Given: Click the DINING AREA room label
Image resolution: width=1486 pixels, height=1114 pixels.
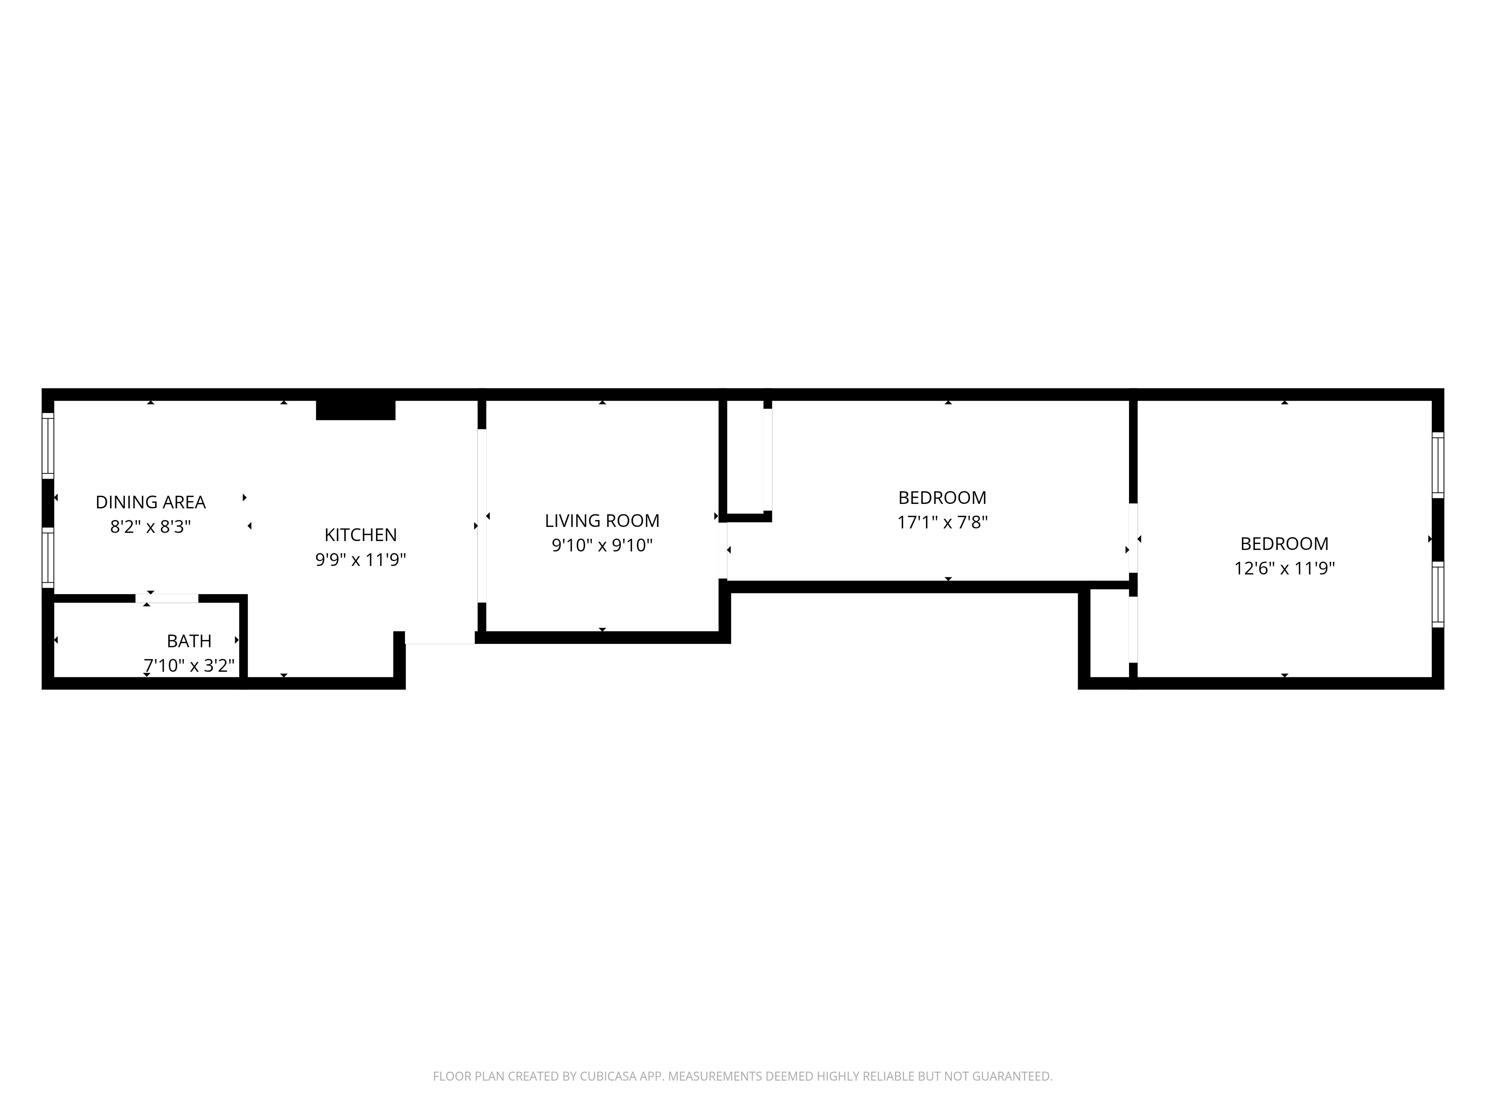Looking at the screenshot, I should pyautogui.click(x=150, y=502).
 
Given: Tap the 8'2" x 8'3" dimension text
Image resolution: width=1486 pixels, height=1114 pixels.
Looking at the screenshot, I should pyautogui.click(x=150, y=527).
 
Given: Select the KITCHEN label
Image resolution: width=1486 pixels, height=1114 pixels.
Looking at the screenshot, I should pyautogui.click(x=361, y=535).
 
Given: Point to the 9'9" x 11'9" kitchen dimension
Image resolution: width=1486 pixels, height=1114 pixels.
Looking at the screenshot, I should pyautogui.click(x=361, y=559).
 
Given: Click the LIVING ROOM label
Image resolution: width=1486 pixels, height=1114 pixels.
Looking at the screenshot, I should pyautogui.click(x=602, y=521).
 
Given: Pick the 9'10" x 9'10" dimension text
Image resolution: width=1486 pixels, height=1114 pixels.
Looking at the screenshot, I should pyautogui.click(x=602, y=545).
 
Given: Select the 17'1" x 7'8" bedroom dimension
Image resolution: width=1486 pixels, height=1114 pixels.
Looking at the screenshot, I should pyautogui.click(x=942, y=522).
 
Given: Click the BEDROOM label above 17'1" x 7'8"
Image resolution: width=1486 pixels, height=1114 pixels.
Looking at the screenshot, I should pyautogui.click(x=942, y=498).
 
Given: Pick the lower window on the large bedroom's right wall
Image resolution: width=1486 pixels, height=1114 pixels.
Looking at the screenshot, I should pyautogui.click(x=1438, y=594).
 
